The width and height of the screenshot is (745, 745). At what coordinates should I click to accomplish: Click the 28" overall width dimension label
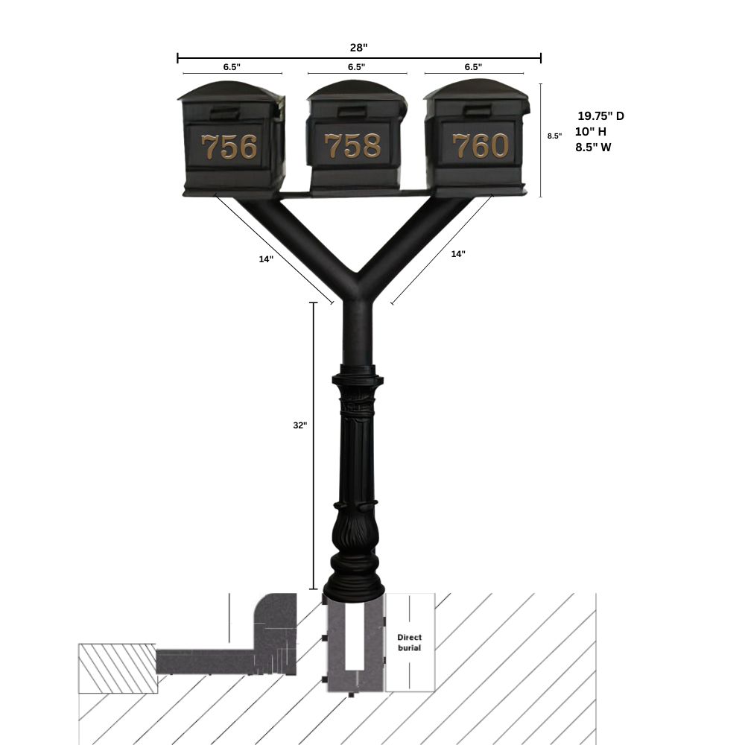tap(358, 48)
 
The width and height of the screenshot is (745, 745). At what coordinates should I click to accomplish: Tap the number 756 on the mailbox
tap(229, 148)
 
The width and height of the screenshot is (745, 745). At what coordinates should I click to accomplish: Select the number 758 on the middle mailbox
tap(353, 146)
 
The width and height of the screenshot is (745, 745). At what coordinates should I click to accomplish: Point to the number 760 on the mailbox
tap(481, 146)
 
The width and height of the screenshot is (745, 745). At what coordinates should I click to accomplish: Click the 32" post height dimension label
tap(299, 425)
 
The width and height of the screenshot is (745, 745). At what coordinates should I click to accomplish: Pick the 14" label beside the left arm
tap(266, 259)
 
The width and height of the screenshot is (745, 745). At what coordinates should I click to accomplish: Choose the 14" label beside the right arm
tap(458, 254)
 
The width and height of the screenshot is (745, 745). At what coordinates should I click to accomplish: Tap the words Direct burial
tap(409, 642)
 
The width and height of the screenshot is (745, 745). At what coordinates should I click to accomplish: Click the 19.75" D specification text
tap(600, 116)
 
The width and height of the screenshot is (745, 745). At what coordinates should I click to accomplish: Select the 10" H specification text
tap(591, 132)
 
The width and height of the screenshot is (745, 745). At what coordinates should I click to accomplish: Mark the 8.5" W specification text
tap(593, 148)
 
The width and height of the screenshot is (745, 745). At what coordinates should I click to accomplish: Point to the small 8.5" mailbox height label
tap(554, 136)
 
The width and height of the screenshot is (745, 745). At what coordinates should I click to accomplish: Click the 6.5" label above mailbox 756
tap(232, 66)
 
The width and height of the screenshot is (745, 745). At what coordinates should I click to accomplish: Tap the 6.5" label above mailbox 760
tap(473, 66)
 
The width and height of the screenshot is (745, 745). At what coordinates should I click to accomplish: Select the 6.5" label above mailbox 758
tap(356, 66)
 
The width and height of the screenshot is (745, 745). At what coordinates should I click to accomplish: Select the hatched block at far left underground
tap(118, 668)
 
